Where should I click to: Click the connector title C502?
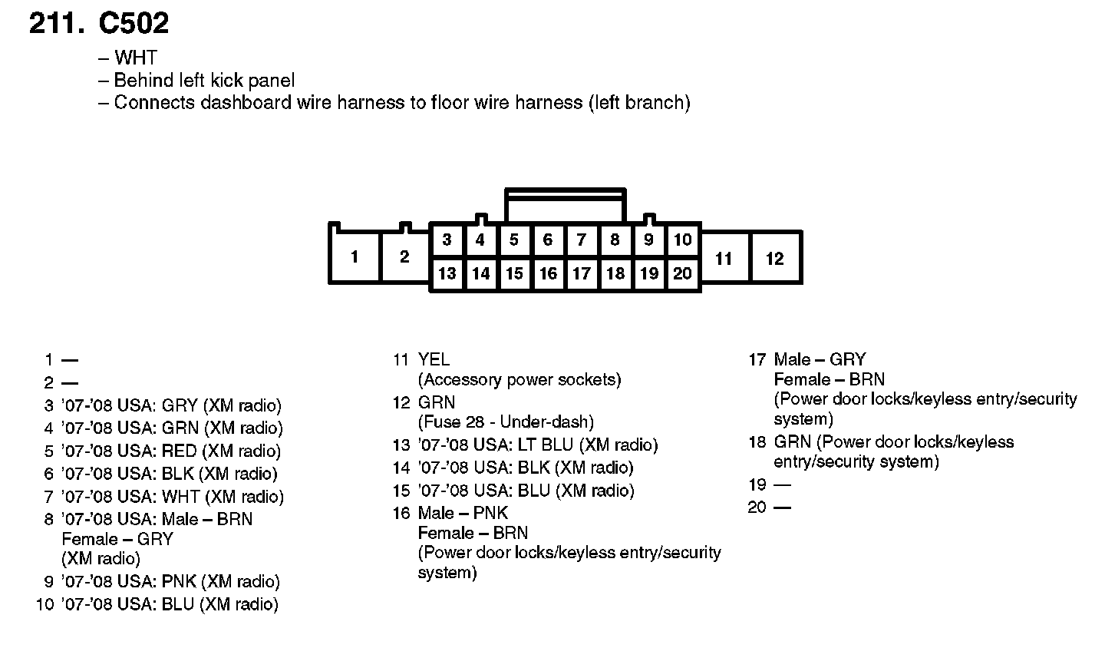(134, 24)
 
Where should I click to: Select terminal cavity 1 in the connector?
(354, 256)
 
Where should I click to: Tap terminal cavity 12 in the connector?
(775, 259)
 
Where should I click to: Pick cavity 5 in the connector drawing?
(514, 240)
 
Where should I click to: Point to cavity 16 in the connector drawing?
(548, 273)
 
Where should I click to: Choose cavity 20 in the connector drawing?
(682, 273)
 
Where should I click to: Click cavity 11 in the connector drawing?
(724, 259)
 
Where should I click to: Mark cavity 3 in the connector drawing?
(447, 240)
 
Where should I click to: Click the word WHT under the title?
(135, 58)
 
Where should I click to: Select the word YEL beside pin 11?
(434, 359)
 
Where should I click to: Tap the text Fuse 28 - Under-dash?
(506, 422)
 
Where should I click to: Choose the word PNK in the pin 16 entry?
(492, 513)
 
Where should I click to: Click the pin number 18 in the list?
(757, 442)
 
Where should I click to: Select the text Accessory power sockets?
(520, 379)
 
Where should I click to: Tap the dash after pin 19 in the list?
(782, 484)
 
